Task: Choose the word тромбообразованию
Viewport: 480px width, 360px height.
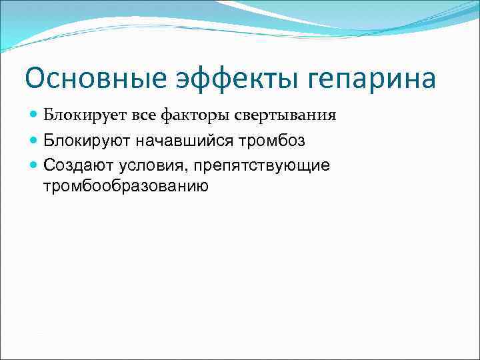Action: (x=126, y=186)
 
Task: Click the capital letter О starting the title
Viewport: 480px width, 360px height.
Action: (x=36, y=79)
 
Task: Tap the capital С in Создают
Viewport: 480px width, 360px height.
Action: (x=49, y=165)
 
